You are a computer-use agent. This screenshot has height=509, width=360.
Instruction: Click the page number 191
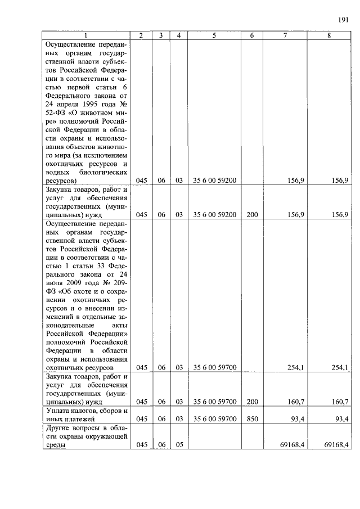(x=343, y=20)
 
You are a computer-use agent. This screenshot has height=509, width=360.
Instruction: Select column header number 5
(x=214, y=35)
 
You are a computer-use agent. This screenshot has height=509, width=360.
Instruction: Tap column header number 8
(x=329, y=35)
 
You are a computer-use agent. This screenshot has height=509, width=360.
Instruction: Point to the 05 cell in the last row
(x=179, y=445)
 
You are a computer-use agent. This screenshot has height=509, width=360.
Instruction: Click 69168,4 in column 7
(x=292, y=445)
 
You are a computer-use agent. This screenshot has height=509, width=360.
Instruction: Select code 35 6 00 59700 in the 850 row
(x=214, y=418)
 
